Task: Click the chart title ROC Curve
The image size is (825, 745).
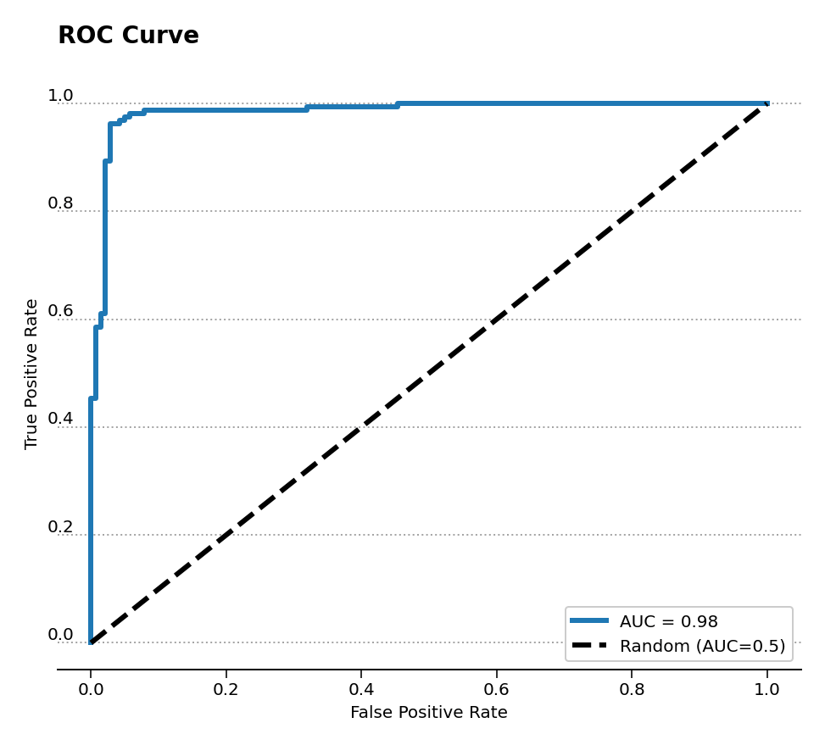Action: click(128, 36)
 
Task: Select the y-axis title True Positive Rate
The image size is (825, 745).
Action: click(31, 374)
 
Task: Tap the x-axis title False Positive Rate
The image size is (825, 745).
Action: click(428, 713)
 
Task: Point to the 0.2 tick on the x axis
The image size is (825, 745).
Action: click(226, 690)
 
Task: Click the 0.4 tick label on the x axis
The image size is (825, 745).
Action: click(361, 690)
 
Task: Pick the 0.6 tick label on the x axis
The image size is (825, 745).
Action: click(496, 690)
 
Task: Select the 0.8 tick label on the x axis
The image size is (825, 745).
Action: click(632, 690)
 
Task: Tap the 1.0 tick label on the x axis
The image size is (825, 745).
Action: click(766, 690)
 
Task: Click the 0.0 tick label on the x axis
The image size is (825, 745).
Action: click(91, 690)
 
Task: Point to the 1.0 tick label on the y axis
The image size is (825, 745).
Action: click(60, 96)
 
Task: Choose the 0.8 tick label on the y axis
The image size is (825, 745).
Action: click(60, 203)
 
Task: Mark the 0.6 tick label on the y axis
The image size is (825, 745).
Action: click(60, 311)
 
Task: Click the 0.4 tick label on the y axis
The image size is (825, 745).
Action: click(60, 419)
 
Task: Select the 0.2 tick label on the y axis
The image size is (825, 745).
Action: click(60, 527)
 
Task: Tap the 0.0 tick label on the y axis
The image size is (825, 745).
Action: click(60, 635)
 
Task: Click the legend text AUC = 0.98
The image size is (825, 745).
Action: click(668, 622)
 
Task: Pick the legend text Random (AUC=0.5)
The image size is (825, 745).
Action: click(702, 646)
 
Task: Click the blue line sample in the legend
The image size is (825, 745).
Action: click(589, 621)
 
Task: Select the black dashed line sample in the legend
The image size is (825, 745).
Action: click(589, 646)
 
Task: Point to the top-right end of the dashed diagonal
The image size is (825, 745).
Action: click(766, 103)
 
